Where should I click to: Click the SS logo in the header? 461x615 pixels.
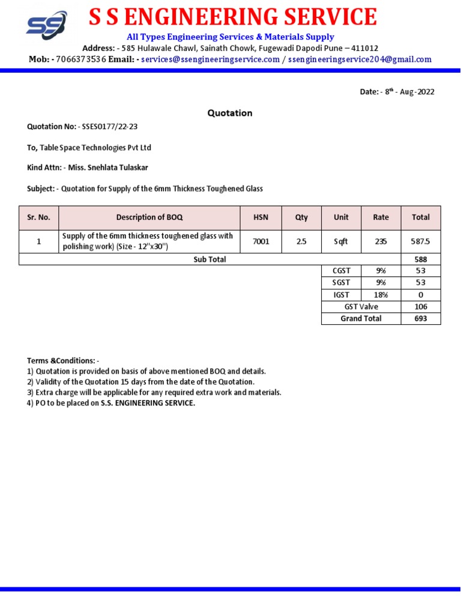[46, 25]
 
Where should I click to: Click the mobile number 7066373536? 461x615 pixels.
[81, 59]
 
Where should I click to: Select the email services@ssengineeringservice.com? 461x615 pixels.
[211, 59]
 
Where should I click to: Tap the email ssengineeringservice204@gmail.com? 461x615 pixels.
[360, 59]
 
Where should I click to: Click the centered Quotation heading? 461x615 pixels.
[230, 113]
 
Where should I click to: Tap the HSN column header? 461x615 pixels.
[261, 217]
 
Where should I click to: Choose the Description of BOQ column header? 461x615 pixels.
[149, 217]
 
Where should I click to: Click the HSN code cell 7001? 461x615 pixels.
[261, 241]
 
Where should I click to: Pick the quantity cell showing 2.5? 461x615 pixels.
[301, 241]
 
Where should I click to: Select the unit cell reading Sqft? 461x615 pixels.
[341, 241]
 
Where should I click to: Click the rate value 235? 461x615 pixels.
[381, 241]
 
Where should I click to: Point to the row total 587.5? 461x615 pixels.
[421, 241]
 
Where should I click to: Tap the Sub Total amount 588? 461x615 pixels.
[421, 259]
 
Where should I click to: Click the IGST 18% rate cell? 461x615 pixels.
[381, 295]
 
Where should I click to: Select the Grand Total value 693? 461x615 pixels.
[421, 318]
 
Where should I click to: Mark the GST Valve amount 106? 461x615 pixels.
[421, 307]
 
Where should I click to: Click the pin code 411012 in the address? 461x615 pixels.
[360, 48]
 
